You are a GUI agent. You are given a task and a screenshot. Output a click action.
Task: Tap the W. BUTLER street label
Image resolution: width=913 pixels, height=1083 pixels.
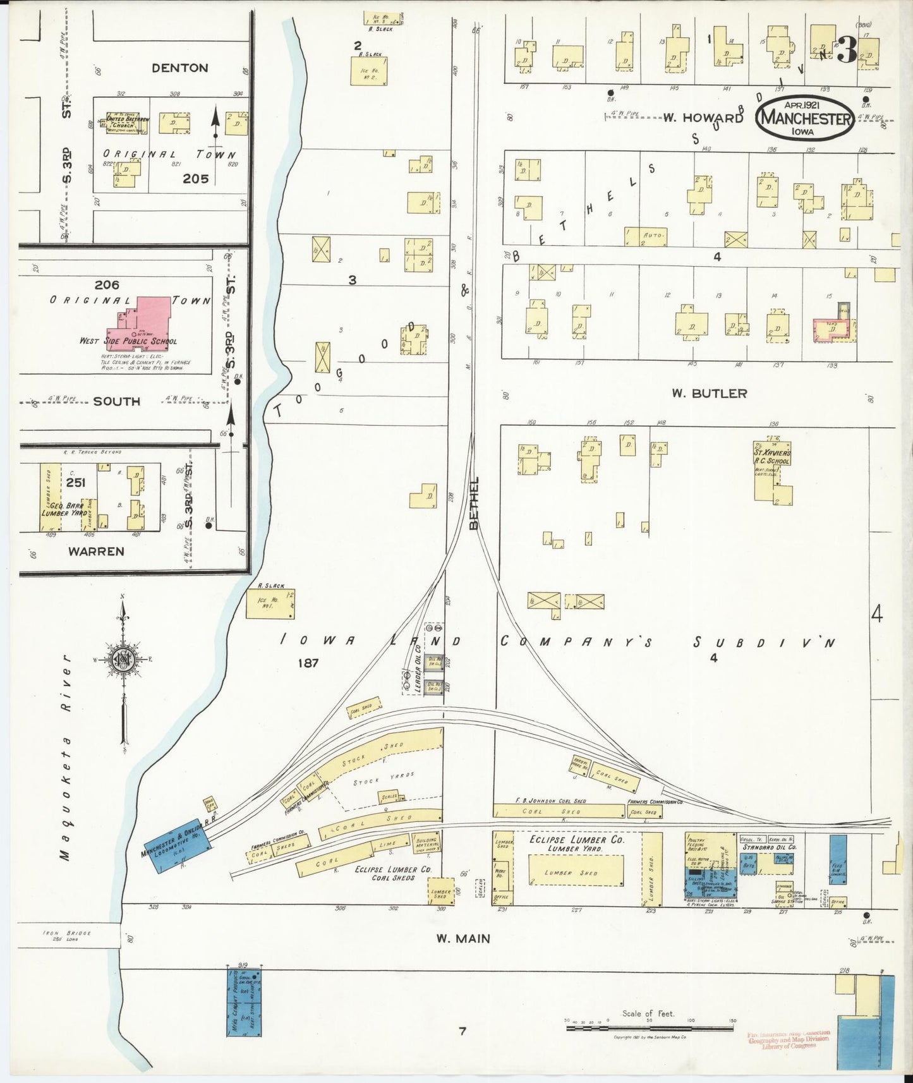pos(709,393)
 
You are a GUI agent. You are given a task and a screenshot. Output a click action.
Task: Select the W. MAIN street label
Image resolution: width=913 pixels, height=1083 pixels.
pos(463,938)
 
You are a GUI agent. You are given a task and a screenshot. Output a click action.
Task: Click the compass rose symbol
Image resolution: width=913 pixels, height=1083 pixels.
pos(124,660)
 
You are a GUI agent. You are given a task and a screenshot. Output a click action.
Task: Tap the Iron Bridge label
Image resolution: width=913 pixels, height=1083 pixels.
pos(66,935)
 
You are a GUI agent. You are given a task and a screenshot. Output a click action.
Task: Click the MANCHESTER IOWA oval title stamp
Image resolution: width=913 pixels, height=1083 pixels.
pos(804,118)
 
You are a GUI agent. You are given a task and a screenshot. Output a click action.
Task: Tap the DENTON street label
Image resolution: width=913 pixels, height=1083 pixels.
pos(179,68)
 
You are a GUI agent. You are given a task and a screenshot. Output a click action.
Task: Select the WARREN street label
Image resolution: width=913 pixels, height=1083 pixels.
pos(96,551)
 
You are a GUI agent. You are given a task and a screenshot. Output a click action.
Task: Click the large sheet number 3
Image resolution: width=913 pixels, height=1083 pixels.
pos(847,51)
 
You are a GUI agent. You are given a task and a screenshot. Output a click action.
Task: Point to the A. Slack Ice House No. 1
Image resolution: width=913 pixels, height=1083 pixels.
pos(270,603)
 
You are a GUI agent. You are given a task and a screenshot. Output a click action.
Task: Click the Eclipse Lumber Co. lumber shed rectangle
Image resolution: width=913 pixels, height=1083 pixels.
pos(575,873)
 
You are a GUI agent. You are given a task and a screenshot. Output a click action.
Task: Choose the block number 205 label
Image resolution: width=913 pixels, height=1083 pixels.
pos(195,179)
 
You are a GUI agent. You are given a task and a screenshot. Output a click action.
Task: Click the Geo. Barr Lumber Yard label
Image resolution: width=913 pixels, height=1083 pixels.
pos(63,510)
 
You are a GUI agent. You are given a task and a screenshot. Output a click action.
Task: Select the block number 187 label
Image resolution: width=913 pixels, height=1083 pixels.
pos(308,662)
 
